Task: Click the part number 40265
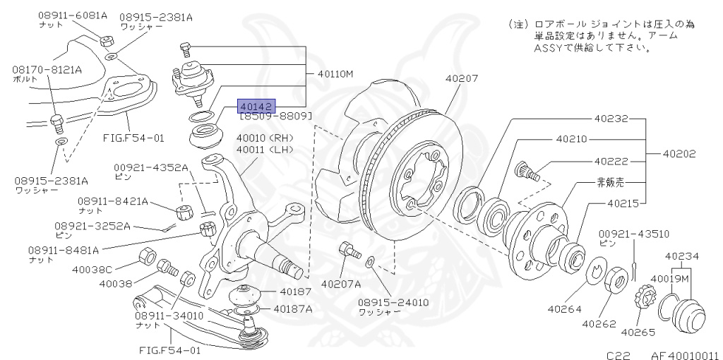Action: coord(638,332)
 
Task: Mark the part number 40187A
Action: coord(292,308)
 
